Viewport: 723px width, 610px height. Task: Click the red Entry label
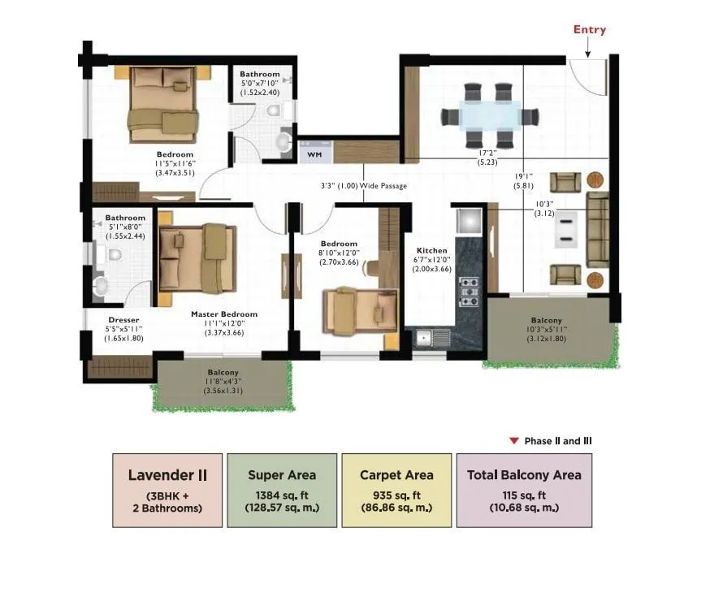click(x=589, y=30)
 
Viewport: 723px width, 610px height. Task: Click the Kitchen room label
click(x=431, y=250)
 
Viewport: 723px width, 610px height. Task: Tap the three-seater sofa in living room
click(x=598, y=231)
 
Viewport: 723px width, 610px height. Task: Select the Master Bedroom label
click(x=223, y=314)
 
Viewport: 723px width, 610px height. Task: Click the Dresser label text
click(x=123, y=320)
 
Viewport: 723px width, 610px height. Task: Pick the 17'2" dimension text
click(x=487, y=153)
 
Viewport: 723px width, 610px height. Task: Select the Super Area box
click(x=282, y=491)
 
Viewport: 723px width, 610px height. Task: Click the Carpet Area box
click(x=396, y=491)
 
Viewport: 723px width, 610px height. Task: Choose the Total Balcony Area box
click(x=524, y=491)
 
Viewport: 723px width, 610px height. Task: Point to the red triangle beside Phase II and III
click(x=513, y=441)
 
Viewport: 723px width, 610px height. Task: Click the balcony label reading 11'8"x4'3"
click(x=222, y=381)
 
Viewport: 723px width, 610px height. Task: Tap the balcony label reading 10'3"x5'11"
click(x=546, y=330)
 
